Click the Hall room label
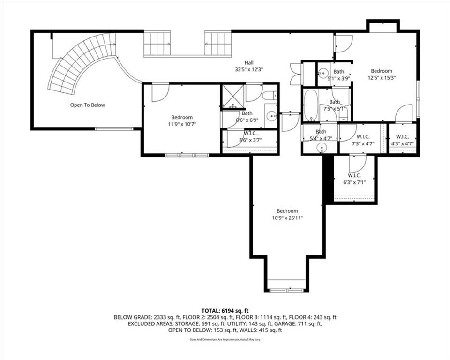coord(249,63)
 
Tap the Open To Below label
coord(88,105)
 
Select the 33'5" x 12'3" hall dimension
coord(249,69)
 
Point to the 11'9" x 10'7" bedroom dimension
coord(182,124)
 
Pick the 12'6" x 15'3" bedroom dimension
coord(382,77)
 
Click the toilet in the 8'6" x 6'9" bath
coord(270,95)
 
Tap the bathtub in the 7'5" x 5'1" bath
coord(311,105)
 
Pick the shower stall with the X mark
coord(232,97)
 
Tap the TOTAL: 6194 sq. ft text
coord(225,311)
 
